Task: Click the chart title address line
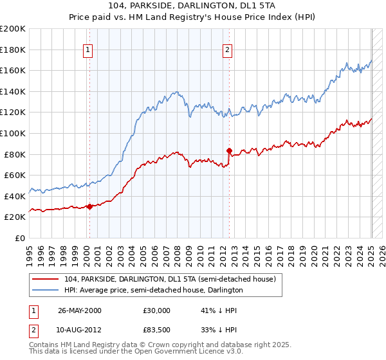point(192,6)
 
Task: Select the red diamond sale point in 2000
point(89,206)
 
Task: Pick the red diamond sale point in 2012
point(229,150)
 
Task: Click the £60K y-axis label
point(15,175)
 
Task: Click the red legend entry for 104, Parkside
point(170,279)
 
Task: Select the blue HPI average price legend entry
point(153,291)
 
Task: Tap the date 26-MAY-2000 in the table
point(80,310)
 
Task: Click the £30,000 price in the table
point(156,310)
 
